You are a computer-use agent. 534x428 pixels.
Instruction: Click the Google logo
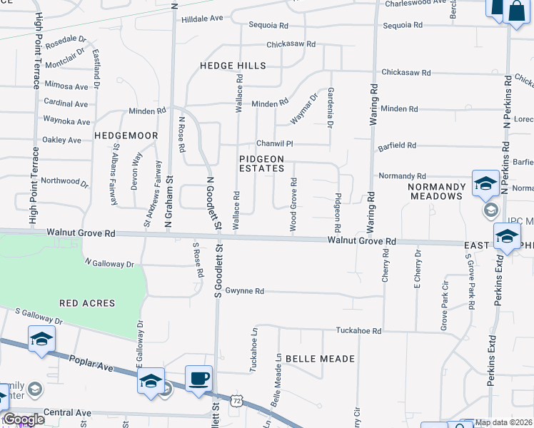point(24,419)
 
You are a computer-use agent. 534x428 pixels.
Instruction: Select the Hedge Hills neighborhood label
point(233,66)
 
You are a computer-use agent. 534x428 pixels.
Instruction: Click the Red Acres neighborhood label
point(87,303)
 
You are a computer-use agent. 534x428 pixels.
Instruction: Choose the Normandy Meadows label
point(435,191)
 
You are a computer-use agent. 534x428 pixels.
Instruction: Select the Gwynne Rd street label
point(245,291)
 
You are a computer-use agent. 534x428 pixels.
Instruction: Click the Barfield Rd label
point(397,146)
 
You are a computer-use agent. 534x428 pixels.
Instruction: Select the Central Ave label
point(67,412)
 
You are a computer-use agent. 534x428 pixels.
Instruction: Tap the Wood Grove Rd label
point(293,205)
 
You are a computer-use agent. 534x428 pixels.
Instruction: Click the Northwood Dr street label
point(65,183)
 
